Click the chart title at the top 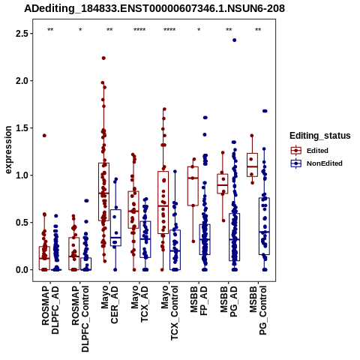click(x=154, y=8)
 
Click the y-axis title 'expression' click(x=8, y=150)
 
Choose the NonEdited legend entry click(x=316, y=163)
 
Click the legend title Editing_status click(x=320, y=136)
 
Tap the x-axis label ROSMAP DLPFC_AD click(x=50, y=310)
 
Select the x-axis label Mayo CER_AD click(x=109, y=305)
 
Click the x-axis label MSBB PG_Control click(x=258, y=310)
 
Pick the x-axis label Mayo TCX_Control click(x=169, y=313)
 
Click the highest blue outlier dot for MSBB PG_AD click(x=234, y=40)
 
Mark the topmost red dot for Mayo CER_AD click(x=103, y=58)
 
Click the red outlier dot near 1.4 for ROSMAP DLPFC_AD click(x=44, y=136)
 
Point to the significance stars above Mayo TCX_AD click(x=139, y=30)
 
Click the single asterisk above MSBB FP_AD click(x=199, y=30)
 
